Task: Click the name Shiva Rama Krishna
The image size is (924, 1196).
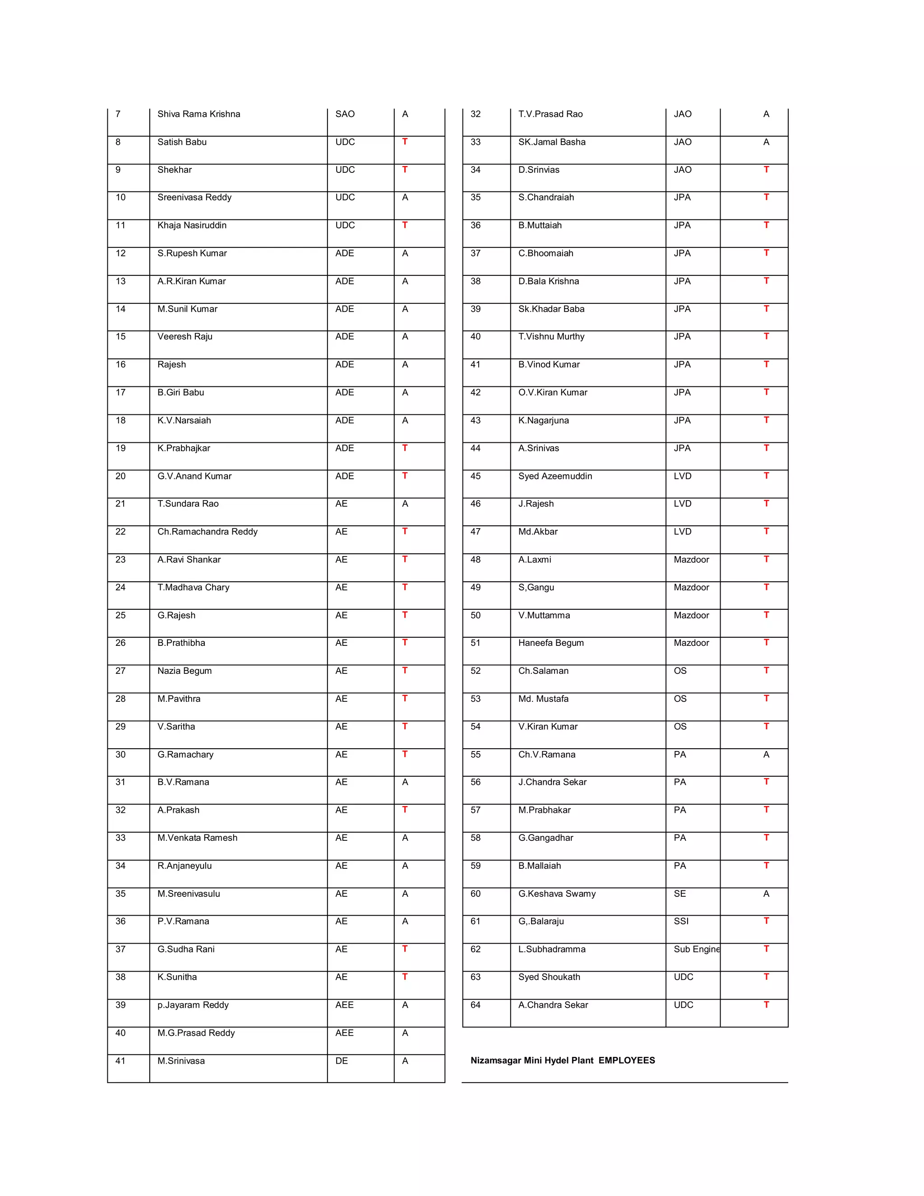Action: tap(199, 114)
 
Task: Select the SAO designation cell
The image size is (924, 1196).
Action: tap(345, 114)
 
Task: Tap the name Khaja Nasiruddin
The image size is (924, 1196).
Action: tap(192, 225)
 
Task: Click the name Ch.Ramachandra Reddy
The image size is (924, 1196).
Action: tap(207, 531)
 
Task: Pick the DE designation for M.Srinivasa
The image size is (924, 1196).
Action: tap(342, 1061)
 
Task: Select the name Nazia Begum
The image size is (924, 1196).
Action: tap(185, 671)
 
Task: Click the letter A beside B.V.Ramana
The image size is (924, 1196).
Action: tap(405, 782)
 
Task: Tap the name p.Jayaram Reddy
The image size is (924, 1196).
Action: tap(193, 1005)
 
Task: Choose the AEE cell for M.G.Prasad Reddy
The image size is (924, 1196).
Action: tap(344, 1033)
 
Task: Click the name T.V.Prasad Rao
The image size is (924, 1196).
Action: tap(550, 114)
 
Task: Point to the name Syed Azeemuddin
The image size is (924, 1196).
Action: tap(555, 476)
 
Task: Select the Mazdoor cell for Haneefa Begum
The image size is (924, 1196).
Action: tap(691, 643)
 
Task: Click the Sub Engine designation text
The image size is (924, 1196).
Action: tap(696, 949)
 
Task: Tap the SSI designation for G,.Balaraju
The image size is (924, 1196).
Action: tap(681, 921)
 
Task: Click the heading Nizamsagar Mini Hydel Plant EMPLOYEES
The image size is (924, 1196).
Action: tap(563, 1060)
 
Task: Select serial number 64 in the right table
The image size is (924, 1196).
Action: tap(476, 1005)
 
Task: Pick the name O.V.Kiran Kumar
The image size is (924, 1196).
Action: tap(552, 392)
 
